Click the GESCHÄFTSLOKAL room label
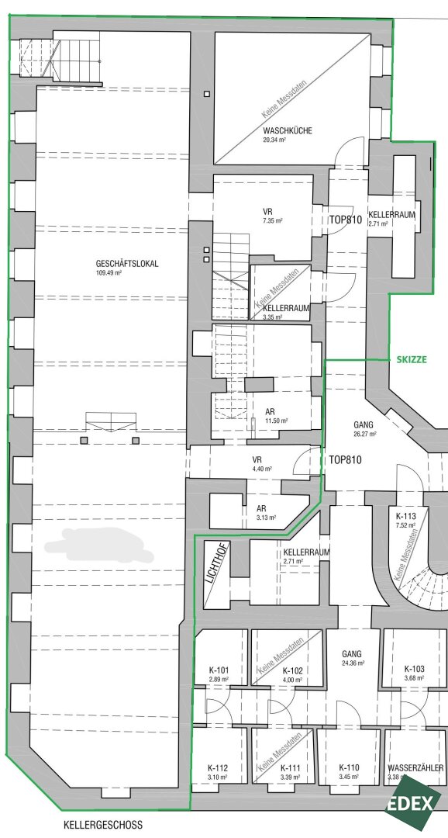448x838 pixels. (126, 264)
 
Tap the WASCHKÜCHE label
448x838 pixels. (288, 130)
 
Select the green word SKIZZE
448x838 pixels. (412, 360)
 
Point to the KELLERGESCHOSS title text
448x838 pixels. (103, 825)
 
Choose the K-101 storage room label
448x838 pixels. (219, 670)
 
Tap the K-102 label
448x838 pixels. (293, 670)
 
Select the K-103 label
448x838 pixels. (415, 669)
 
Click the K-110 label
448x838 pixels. (349, 768)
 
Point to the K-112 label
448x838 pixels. (218, 767)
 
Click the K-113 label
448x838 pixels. (405, 516)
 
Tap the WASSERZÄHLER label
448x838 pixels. (416, 768)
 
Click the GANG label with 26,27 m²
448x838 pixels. (364, 425)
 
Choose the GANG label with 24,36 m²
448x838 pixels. (352, 653)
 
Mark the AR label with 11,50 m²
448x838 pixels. (270, 412)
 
